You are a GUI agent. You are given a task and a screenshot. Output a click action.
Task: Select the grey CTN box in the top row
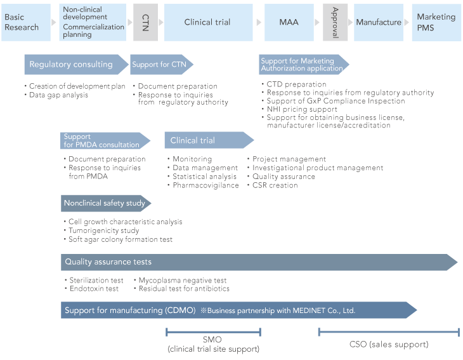145,22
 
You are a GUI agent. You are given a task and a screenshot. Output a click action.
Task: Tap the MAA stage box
289,22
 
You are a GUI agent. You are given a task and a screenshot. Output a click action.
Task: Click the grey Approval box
335,22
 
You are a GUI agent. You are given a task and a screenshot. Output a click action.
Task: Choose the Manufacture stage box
379,22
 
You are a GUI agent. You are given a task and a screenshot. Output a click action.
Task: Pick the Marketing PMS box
436,22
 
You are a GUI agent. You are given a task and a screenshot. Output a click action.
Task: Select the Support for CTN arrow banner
160,65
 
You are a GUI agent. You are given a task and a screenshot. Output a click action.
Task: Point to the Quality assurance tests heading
108,262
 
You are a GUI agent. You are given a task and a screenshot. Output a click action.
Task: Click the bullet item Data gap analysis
59,95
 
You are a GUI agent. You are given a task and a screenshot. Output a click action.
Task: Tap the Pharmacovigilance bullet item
206,185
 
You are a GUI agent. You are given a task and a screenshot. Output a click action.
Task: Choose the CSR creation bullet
275,185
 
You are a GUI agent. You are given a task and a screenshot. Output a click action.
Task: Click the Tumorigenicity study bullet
103,231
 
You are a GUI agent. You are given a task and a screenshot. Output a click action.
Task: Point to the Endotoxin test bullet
94,289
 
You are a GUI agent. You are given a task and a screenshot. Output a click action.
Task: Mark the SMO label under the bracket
213,340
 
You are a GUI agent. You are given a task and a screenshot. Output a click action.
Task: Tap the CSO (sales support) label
389,345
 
